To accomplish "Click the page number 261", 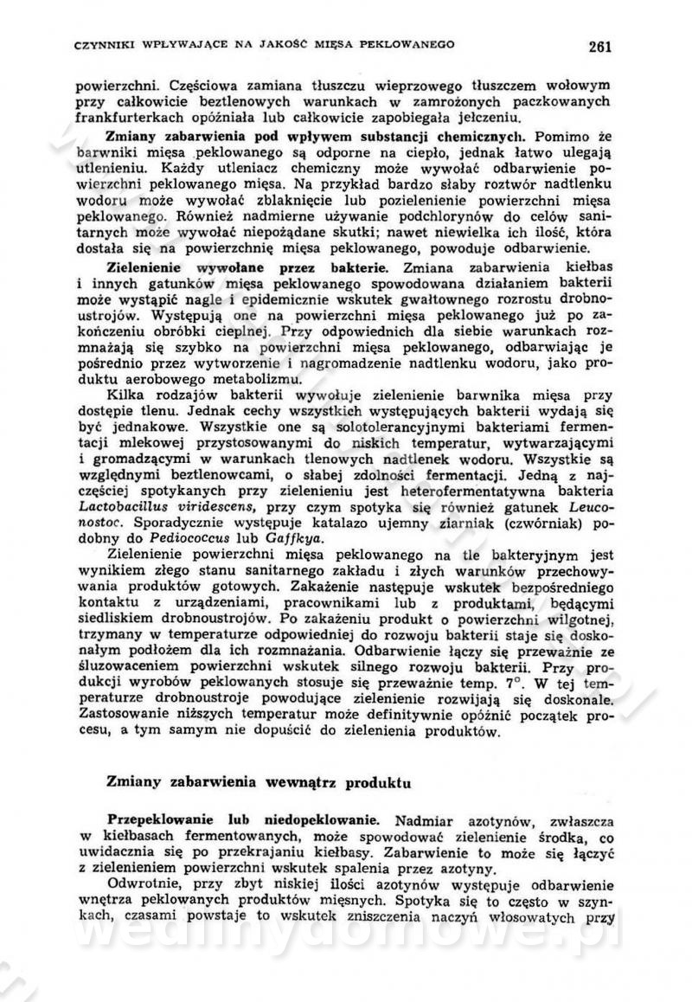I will (x=599, y=46).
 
